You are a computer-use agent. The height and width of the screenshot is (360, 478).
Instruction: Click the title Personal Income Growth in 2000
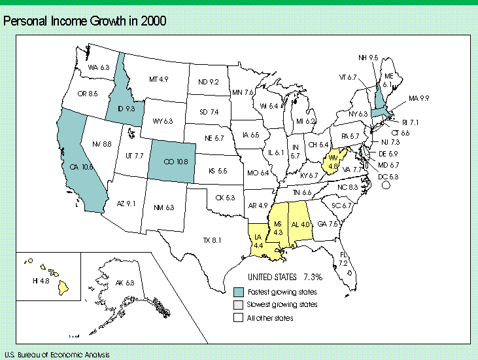[x=85, y=22]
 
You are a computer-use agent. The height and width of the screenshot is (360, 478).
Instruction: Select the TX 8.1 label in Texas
[x=212, y=240]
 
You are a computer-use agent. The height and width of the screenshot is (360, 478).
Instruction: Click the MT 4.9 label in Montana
[x=159, y=79]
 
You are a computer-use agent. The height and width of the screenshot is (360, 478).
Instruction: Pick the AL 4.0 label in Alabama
[x=299, y=225]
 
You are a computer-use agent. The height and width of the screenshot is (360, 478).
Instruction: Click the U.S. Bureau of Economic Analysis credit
[x=50, y=353]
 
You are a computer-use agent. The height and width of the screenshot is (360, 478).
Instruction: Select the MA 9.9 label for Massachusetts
[x=418, y=98]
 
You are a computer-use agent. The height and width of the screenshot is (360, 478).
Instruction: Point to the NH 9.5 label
[x=368, y=58]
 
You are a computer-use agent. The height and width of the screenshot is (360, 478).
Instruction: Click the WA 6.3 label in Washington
[x=98, y=67]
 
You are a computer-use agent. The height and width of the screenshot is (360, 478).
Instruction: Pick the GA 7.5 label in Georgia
[x=327, y=223]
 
